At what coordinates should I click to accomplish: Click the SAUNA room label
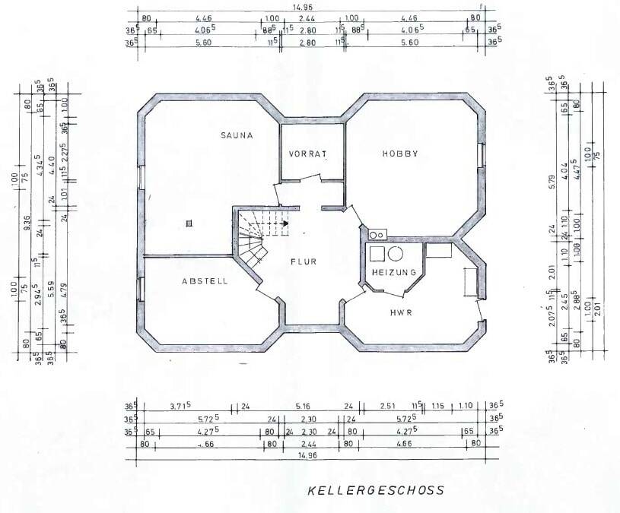pyautogui.click(x=236, y=136)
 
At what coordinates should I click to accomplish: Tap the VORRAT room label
pyautogui.click(x=307, y=154)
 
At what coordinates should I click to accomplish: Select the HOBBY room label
pyautogui.click(x=400, y=154)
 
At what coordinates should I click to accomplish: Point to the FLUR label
pyautogui.click(x=303, y=261)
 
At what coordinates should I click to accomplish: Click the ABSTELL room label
pyautogui.click(x=205, y=281)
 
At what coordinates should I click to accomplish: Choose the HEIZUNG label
pyautogui.click(x=393, y=272)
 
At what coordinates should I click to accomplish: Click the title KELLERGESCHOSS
pyautogui.click(x=376, y=490)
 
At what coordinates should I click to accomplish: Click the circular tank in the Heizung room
pyautogui.click(x=396, y=254)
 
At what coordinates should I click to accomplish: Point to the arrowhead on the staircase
pyautogui.click(x=285, y=224)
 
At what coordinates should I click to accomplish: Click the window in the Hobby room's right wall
pyautogui.click(x=481, y=154)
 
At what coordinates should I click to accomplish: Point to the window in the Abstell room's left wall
pyautogui.click(x=140, y=290)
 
